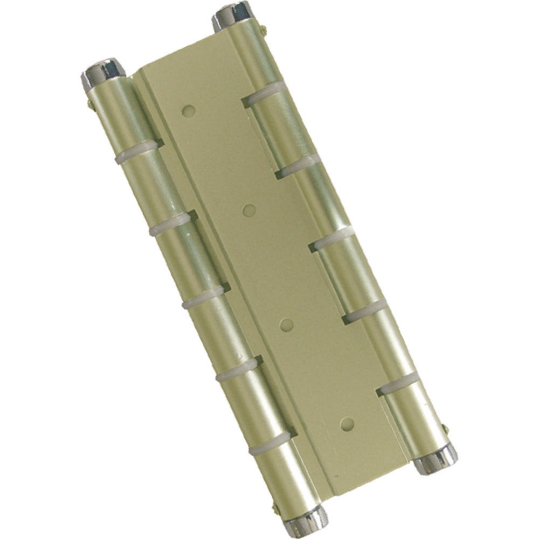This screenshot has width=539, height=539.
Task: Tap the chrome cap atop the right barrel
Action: coord(232,16)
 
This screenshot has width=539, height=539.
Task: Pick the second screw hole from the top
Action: coord(248,210)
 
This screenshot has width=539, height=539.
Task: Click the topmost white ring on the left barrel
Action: coord(137,151)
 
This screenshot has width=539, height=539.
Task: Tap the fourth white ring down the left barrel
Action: coord(237,370)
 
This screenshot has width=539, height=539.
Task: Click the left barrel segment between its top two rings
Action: coord(154,186)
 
